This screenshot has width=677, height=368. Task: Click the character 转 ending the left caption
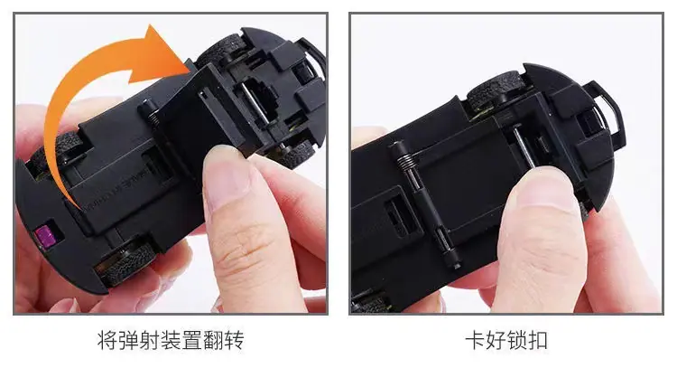pyautogui.click(x=234, y=340)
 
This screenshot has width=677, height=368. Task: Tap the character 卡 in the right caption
pyautogui.click(x=475, y=340)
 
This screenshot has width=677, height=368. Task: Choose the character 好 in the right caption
pyautogui.click(x=496, y=340)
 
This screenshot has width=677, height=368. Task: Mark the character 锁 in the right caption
pyautogui.click(x=517, y=340)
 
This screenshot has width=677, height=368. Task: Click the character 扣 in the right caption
pyautogui.click(x=538, y=340)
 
